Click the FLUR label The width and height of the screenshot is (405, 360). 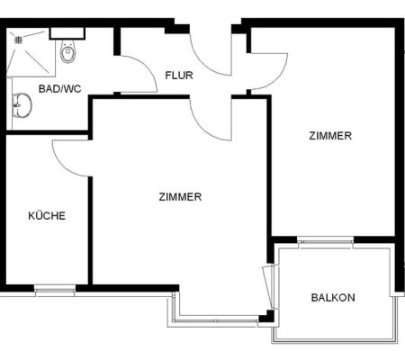click(x=179, y=76)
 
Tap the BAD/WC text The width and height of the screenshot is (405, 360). click(x=60, y=89)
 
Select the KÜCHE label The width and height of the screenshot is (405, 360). click(x=47, y=216)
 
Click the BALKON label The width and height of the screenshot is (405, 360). click(x=333, y=298)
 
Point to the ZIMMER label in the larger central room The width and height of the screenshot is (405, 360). click(x=180, y=197)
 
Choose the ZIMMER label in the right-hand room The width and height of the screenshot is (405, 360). click(x=330, y=136)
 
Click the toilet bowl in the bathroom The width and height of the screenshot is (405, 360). click(x=67, y=51)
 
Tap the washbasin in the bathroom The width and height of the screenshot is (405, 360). click(x=22, y=105)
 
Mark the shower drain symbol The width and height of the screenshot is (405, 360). click(x=19, y=40)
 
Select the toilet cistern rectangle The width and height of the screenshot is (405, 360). click(x=67, y=33)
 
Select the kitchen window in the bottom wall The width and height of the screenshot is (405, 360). click(x=55, y=290)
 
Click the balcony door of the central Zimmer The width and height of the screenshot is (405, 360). click(x=267, y=287)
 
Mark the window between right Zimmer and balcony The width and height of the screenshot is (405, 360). click(x=326, y=242)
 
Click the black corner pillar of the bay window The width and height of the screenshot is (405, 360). click(x=267, y=316)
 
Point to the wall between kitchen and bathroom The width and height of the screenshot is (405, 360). click(x=47, y=132)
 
